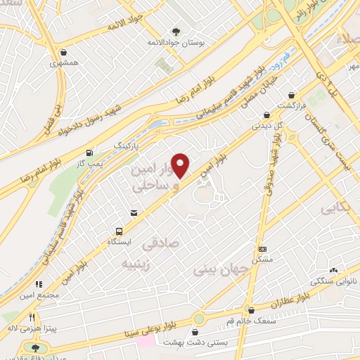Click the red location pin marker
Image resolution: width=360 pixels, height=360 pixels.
[181, 165]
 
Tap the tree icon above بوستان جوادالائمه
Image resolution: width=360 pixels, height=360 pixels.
[175, 32]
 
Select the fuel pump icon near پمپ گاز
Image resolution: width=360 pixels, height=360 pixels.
[89, 153]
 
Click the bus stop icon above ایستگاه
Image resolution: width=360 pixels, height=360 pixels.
[119, 231]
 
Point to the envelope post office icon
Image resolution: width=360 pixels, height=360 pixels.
[134, 212]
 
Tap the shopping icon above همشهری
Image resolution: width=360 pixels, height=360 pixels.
[64, 52]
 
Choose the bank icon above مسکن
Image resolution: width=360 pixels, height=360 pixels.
[263, 249]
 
